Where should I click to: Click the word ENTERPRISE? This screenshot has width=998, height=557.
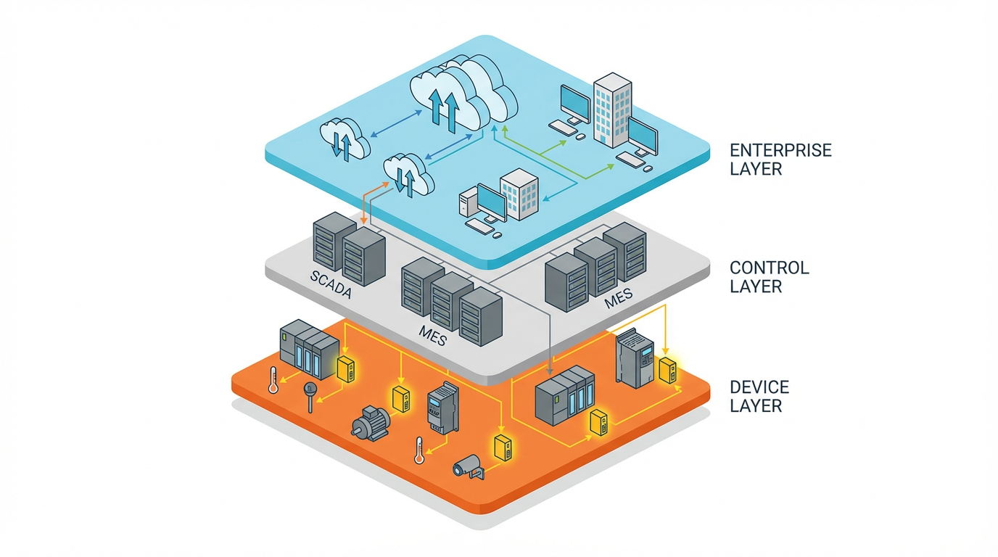780,151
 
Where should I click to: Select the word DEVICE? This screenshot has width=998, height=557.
759,387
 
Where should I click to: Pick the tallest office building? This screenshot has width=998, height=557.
613,109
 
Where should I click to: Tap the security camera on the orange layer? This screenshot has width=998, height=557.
468,466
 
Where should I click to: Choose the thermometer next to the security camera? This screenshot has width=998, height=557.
418,450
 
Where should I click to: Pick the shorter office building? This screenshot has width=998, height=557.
520,194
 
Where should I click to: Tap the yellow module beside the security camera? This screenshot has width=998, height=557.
502,447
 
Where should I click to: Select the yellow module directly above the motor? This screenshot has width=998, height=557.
400,400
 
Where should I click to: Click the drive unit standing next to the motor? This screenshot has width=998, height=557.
442,407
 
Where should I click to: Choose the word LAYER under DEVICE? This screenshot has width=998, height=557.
756,405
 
